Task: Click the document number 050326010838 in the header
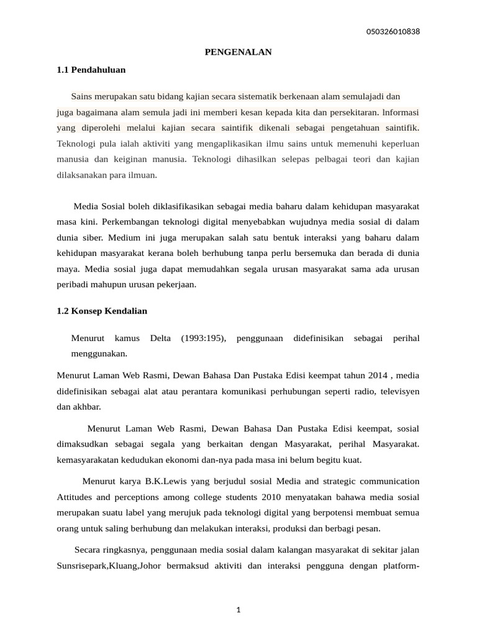coord(394,32)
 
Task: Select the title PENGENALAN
coord(238,52)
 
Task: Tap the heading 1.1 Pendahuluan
coord(91,70)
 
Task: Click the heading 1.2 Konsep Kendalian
coord(102,311)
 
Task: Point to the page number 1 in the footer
coord(238,610)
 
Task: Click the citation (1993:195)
coord(204,338)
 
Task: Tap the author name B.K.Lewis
coord(165,481)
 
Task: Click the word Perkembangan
coord(130,222)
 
